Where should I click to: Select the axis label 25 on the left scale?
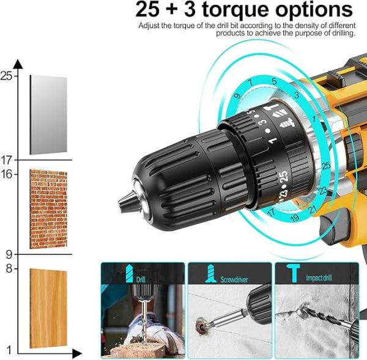tap(6, 76)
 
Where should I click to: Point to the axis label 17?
tap(6, 160)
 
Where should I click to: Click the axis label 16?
tap(6, 174)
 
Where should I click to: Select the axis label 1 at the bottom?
tap(9, 350)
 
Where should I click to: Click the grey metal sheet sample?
tap(48, 115)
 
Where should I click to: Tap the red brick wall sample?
tap(48, 210)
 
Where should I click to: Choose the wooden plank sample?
tap(48, 307)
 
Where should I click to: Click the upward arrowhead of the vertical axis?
tap(18, 63)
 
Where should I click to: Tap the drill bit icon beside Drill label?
tap(129, 274)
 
